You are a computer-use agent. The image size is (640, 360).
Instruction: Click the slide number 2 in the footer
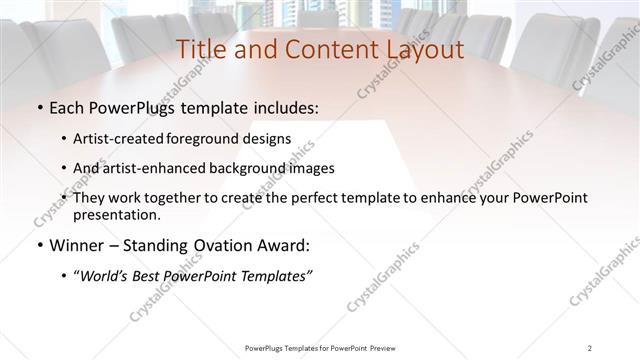click(590, 348)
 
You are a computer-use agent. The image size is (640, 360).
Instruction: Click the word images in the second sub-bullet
click(310, 168)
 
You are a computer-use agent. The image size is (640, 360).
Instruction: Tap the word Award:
click(281, 245)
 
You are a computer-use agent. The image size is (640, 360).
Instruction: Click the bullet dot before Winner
click(38, 246)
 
